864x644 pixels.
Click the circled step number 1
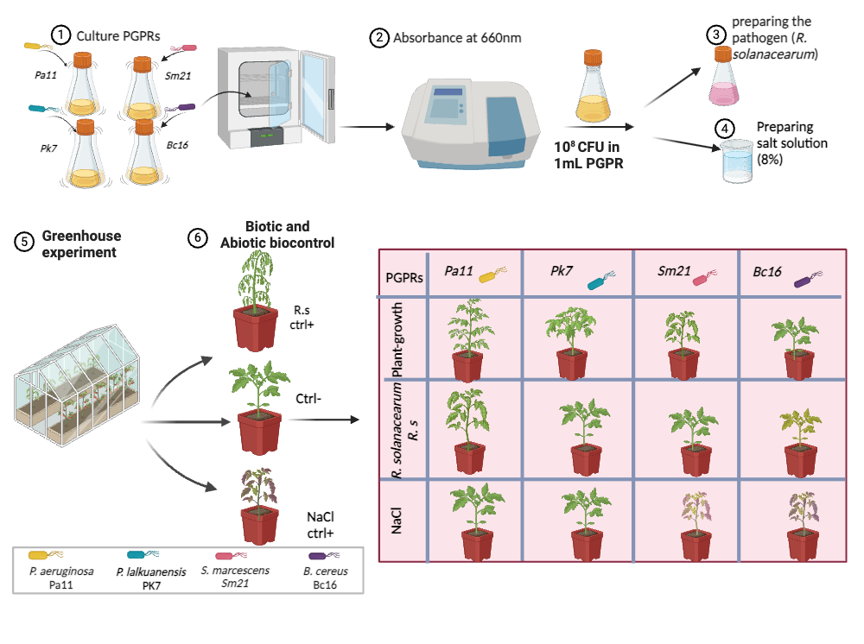[60, 36]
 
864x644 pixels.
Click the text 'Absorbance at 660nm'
[457, 38]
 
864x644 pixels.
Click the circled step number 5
[25, 243]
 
